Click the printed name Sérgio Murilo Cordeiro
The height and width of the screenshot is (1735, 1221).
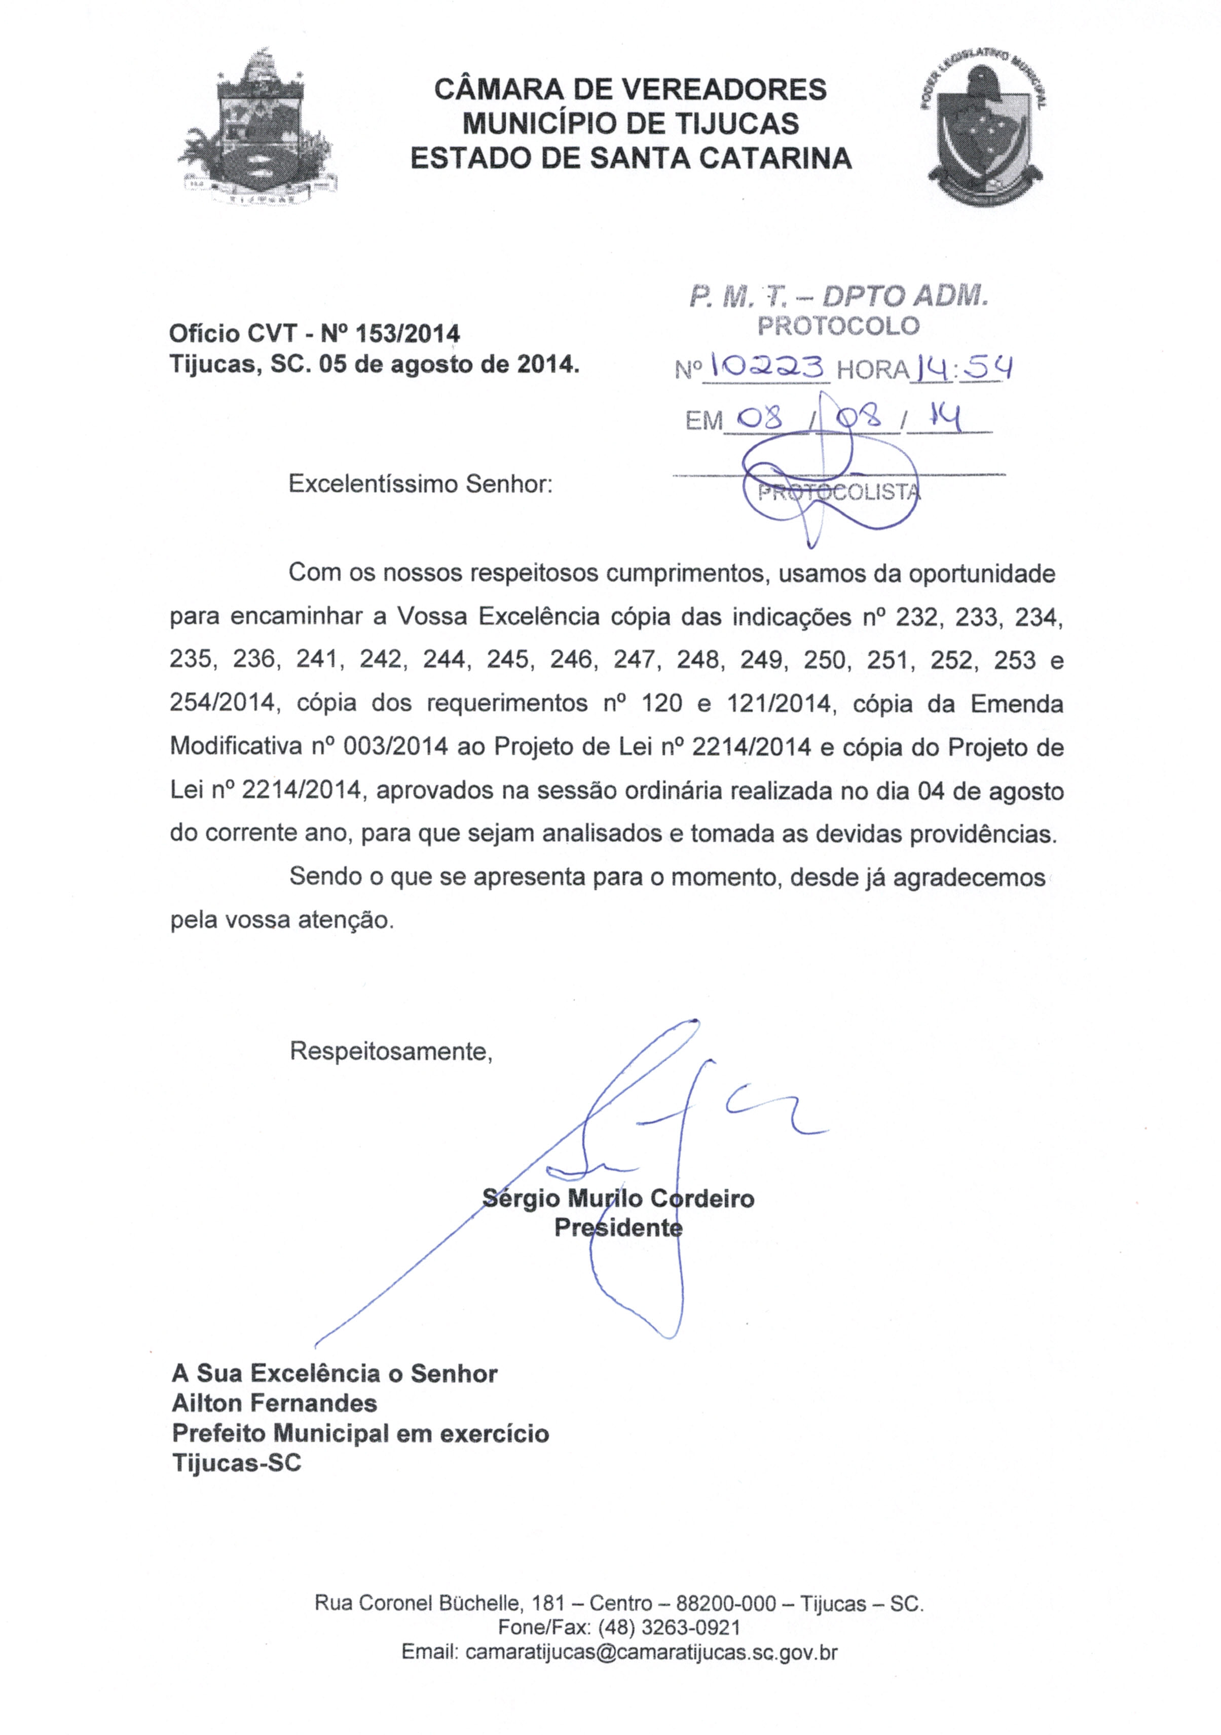pos(618,1199)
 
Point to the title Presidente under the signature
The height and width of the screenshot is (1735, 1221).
pos(618,1228)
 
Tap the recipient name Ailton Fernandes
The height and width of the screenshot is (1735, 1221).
pos(274,1403)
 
